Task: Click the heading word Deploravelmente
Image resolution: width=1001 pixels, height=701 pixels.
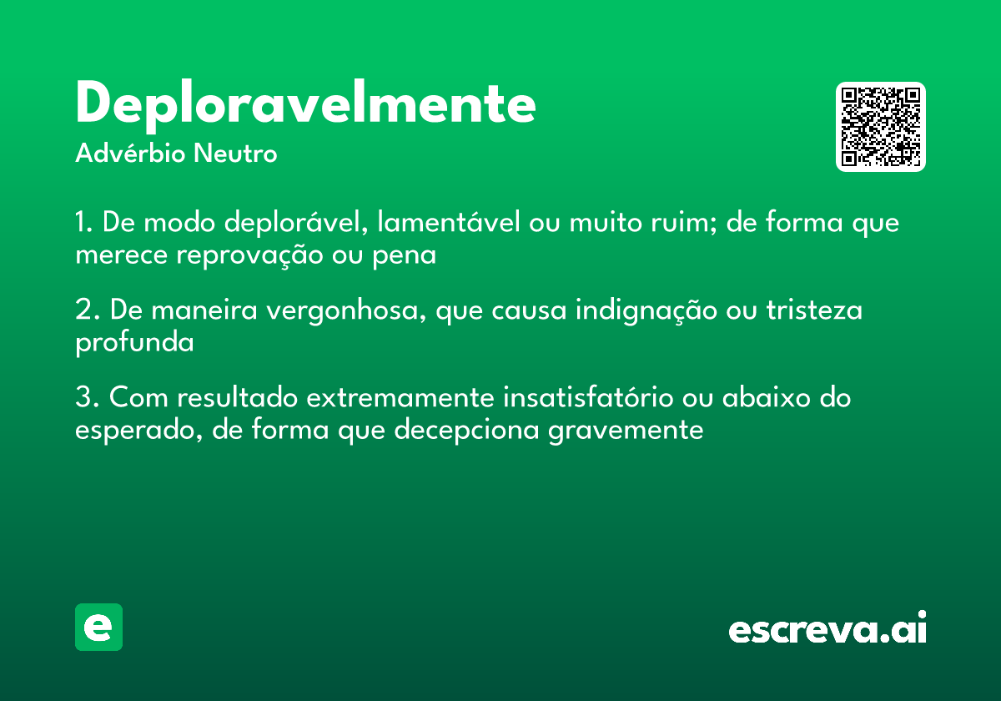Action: click(x=305, y=103)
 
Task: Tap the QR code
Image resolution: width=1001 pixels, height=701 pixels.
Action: click(x=881, y=127)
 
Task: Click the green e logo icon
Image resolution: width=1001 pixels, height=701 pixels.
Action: click(x=98, y=627)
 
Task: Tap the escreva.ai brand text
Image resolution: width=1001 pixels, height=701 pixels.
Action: click(x=827, y=629)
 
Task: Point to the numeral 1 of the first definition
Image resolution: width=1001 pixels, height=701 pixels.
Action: click(x=81, y=224)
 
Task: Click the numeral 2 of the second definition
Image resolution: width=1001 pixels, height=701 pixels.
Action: click(x=83, y=310)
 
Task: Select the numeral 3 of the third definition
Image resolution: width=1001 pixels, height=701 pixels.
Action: click(x=83, y=398)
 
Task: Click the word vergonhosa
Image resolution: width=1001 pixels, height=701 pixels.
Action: click(x=344, y=311)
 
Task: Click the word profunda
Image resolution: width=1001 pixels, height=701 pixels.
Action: click(x=134, y=342)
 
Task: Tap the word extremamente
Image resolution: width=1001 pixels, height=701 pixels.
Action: click(x=400, y=398)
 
